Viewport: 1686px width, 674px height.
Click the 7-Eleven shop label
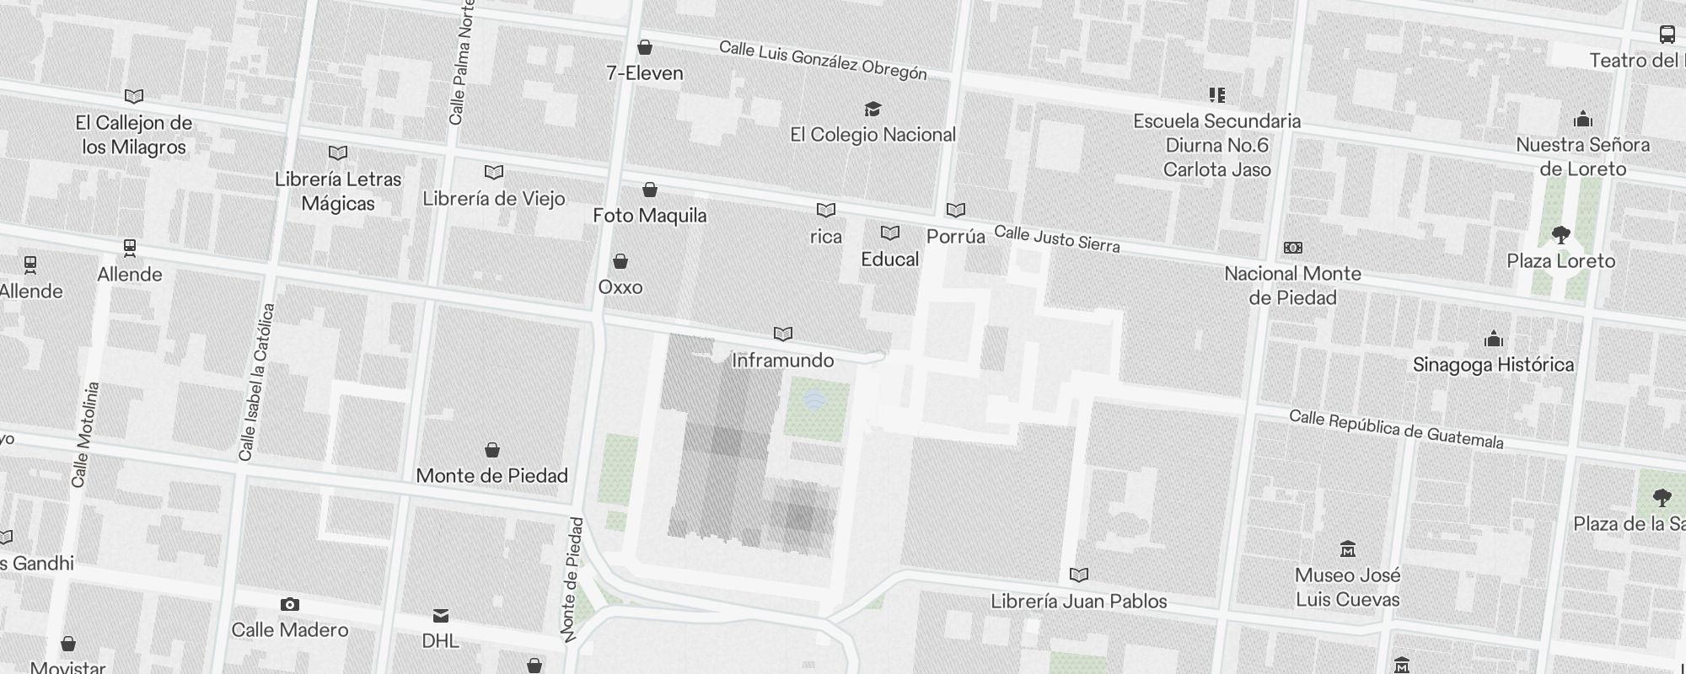(645, 73)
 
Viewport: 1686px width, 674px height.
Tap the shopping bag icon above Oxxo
(620, 261)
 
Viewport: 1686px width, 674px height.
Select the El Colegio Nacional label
(873, 135)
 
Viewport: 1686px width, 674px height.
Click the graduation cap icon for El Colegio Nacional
(873, 110)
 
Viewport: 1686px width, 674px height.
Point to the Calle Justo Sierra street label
(1057, 238)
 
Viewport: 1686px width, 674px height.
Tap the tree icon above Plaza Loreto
(1560, 235)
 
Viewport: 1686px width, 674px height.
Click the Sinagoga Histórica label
(1493, 365)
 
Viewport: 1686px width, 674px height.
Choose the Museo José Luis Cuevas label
(1347, 587)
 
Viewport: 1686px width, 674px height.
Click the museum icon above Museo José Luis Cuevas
(1347, 549)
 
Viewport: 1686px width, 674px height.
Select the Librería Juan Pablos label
(1078, 602)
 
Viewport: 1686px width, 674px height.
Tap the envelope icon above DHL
(441, 616)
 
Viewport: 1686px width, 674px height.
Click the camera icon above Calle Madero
(289, 604)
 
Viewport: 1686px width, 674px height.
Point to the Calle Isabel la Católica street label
(257, 382)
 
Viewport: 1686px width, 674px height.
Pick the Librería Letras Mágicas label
(338, 191)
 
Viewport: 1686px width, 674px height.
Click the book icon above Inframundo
(783, 334)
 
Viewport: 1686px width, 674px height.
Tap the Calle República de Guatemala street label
(1396, 429)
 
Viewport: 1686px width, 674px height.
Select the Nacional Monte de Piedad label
(1292, 286)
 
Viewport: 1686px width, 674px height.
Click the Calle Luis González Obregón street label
(823, 61)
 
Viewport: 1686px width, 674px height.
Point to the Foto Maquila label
(649, 216)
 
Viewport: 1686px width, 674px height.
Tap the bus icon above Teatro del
(1667, 35)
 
